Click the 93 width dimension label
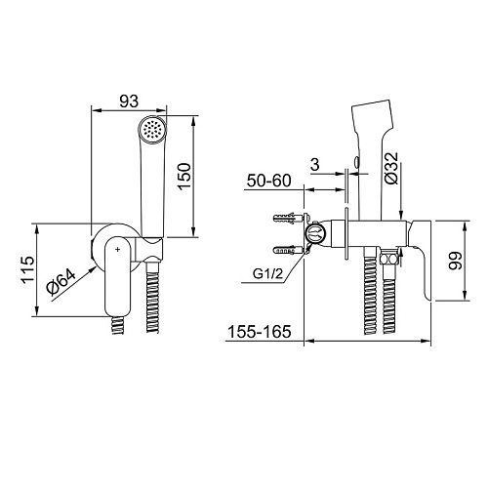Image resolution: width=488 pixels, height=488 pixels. coord(129,102)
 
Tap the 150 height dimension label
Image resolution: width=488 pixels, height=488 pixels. coord(184,176)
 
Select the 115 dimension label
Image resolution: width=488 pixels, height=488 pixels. coord(27,270)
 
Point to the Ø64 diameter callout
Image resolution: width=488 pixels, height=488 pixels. coord(61,281)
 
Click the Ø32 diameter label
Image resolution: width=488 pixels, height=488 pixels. coord(391,168)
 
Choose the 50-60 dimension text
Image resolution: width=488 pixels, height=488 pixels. coord(268,181)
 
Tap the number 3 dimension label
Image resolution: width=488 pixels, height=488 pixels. coord(315,165)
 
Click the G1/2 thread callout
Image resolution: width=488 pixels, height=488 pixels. coord(268,274)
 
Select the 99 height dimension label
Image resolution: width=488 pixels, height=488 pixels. coord(455,261)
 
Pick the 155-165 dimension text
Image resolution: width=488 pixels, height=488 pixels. coord(259,332)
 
